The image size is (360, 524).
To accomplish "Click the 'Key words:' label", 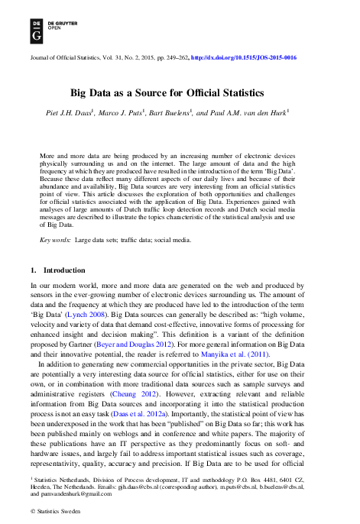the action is click(x=55, y=240).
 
